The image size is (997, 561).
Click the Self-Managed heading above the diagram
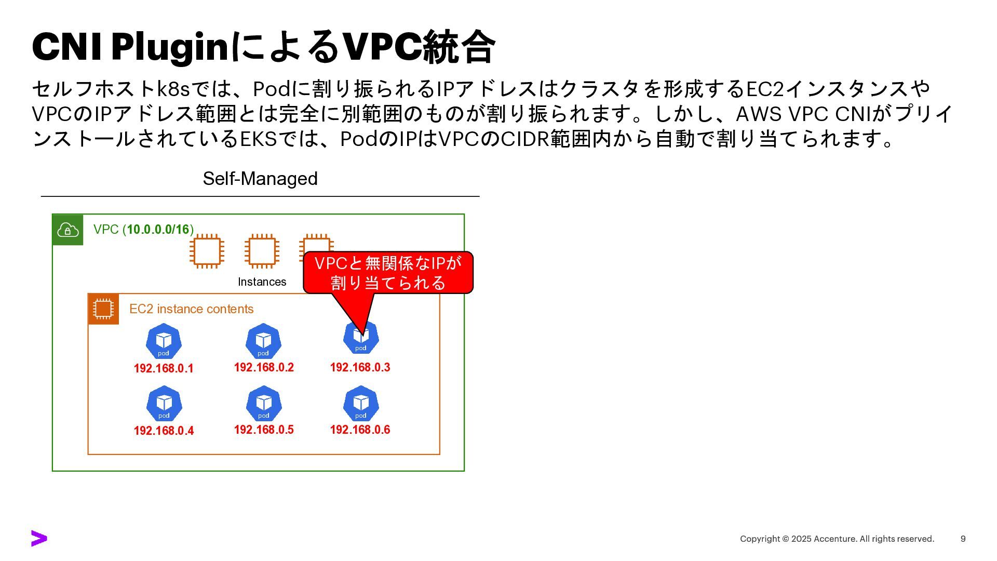click(260, 179)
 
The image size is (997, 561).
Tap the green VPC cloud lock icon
click(68, 230)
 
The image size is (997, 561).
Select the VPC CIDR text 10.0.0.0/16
click(158, 230)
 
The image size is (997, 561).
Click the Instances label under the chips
click(262, 282)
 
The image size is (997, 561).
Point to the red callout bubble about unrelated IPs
click(388, 273)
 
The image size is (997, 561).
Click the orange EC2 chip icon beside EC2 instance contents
click(103, 309)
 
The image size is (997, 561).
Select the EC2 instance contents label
click(191, 309)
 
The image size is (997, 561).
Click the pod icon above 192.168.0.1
click(164, 341)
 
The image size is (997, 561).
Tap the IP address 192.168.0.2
click(264, 368)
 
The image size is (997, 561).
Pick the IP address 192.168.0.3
click(360, 368)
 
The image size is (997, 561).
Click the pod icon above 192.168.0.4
click(164, 404)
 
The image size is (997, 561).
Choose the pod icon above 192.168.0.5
click(264, 404)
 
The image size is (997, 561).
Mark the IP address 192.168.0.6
click(360, 430)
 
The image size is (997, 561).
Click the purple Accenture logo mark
click(39, 539)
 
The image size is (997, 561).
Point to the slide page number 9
click(963, 539)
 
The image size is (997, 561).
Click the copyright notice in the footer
click(837, 539)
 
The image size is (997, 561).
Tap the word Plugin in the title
click(170, 47)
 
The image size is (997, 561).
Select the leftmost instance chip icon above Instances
click(207, 251)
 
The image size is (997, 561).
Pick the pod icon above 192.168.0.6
click(361, 404)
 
